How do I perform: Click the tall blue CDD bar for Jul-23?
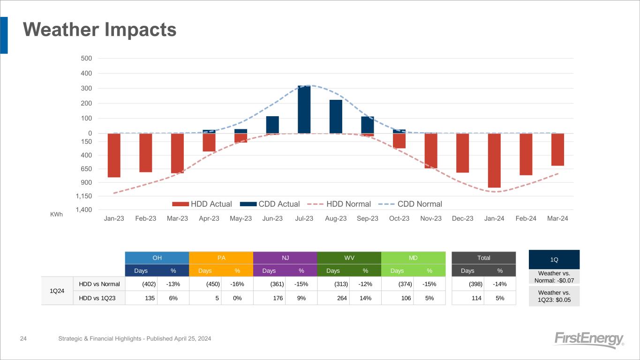[x=304, y=109]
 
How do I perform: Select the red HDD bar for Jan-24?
[x=494, y=160]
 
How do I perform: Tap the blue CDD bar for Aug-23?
[x=336, y=116]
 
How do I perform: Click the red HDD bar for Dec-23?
[x=462, y=153]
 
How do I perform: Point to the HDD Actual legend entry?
[x=202, y=204]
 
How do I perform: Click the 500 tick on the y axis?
[x=86, y=58]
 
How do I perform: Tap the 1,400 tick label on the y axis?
[x=84, y=210]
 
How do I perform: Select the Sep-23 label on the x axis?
[x=368, y=219]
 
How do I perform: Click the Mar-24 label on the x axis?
[x=557, y=219]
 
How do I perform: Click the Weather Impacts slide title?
[x=100, y=30]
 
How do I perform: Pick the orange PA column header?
[x=221, y=258]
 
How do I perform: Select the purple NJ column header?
[x=285, y=258]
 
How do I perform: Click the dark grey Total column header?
[x=483, y=258]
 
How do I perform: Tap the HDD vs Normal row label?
[x=99, y=284]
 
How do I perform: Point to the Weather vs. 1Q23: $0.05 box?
[x=554, y=296]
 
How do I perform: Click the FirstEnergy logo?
[x=588, y=339]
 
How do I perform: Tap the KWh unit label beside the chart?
[x=56, y=214]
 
